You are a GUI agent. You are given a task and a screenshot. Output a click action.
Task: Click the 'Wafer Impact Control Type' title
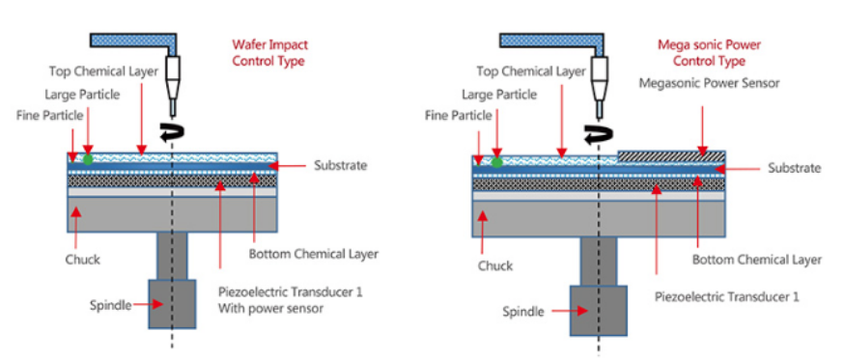point(269,53)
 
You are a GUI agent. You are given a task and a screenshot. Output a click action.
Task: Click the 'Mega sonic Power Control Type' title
point(709,53)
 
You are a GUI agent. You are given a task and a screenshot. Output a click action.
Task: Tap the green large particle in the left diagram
point(87,158)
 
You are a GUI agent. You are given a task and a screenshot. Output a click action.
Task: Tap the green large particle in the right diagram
point(496,161)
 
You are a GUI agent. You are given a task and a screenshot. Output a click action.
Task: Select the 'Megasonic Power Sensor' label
point(710,83)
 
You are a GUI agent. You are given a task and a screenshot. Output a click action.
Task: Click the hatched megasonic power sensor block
point(671,155)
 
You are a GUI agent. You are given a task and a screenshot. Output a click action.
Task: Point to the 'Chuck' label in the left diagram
point(83,260)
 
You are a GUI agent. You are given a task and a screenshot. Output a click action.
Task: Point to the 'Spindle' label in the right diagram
point(523,312)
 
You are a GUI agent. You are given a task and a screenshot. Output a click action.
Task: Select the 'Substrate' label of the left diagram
point(340,165)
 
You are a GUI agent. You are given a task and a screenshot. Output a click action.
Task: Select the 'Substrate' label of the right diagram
point(795,169)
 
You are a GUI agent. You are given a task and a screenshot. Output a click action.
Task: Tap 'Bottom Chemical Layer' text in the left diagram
point(313,254)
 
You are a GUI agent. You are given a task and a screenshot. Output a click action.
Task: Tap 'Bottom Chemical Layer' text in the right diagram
point(757,260)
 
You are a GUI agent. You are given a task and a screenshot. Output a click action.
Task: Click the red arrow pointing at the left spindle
point(149,304)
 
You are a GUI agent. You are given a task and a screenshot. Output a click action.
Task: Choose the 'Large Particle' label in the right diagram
point(499,95)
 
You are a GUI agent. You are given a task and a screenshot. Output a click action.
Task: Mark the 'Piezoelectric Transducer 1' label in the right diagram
point(726,296)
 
